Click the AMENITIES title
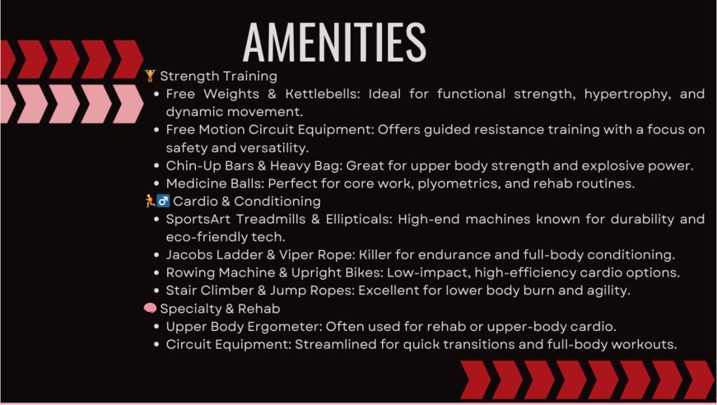pos(335,43)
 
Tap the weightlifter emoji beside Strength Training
pos(150,76)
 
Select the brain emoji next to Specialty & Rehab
pos(150,309)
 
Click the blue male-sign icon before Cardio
pos(163,201)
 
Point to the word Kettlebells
pos(320,94)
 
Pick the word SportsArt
pos(198,220)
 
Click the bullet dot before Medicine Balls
pos(156,184)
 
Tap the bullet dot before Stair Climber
pos(156,291)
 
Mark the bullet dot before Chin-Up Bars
pos(156,166)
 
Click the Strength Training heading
pos(219,77)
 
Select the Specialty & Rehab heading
pos(220,310)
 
